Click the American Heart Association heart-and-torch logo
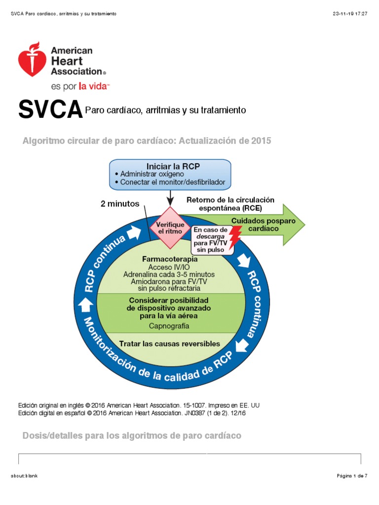click(33, 59)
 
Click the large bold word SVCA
click(50, 110)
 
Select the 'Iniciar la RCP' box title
click(170, 166)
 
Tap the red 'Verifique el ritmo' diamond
click(170, 227)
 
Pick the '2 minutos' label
click(120, 203)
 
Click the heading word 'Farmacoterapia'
click(170, 259)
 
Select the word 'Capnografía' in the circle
click(169, 325)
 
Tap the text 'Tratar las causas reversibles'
click(170, 344)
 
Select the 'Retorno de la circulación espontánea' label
click(230, 204)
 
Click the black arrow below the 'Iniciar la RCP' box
click(170, 198)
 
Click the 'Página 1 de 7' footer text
click(352, 475)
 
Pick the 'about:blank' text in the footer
click(24, 475)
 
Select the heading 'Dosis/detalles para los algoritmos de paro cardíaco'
click(132, 436)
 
